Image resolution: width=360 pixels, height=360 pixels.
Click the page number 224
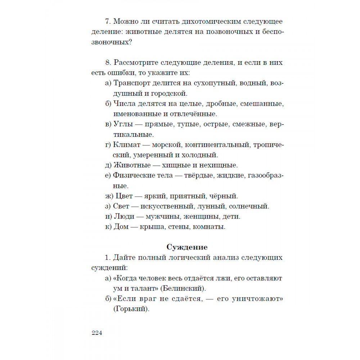97,333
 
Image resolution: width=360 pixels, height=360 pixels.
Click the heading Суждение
187,247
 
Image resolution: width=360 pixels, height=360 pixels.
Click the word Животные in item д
130,165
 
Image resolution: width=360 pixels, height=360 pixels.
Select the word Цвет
123,196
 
